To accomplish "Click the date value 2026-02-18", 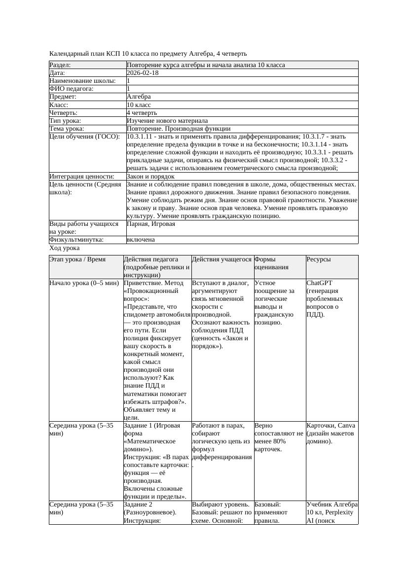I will point(143,73).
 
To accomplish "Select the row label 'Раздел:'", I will point(60,65).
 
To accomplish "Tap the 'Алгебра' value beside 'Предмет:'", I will point(139,97).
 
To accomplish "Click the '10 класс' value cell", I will point(139,105).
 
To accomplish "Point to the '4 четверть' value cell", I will point(142,112).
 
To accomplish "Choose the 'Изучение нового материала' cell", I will point(167,120).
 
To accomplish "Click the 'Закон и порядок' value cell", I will point(150,176).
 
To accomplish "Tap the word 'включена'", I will point(141,240).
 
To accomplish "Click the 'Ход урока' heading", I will point(65,249).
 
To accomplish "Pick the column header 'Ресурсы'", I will point(319,259).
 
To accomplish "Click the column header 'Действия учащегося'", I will point(222,259).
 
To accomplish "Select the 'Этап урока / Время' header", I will point(77,259).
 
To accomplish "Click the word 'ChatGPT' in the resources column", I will point(319,283).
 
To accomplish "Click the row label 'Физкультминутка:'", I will point(76,240).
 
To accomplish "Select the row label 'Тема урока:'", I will point(67,128).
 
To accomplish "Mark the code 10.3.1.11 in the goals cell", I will point(142,136).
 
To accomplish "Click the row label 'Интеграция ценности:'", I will point(82,176).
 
